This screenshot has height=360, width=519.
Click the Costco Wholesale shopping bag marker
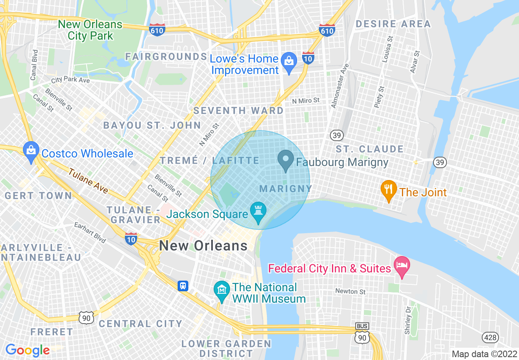(31, 151)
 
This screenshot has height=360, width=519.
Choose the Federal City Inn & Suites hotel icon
(402, 265)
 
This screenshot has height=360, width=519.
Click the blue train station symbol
(183, 286)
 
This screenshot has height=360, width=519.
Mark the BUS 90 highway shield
(362, 333)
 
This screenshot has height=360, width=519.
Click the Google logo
(27, 350)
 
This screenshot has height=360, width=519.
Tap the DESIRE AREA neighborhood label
(393, 24)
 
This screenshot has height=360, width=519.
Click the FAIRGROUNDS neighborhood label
(166, 56)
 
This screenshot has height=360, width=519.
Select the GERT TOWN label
(38, 196)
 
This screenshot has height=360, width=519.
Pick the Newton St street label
(350, 292)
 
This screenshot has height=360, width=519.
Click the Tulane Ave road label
(88, 181)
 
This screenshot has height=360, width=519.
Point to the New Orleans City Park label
(90, 30)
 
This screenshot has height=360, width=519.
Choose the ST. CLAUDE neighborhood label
(370, 149)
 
